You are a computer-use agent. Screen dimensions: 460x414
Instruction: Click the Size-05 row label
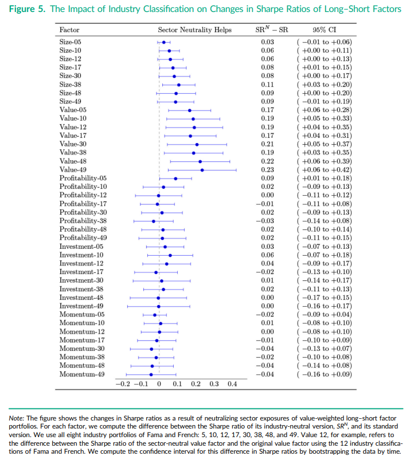[71, 42]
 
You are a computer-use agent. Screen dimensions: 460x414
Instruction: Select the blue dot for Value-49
[202, 170]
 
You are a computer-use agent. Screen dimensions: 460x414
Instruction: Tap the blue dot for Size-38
[179, 85]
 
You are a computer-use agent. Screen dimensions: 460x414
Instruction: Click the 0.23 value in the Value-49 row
[267, 170]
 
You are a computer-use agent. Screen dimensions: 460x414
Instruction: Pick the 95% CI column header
[324, 29]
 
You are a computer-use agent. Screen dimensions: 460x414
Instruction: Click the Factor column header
[70, 29]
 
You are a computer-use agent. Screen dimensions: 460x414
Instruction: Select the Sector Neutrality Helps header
[194, 29]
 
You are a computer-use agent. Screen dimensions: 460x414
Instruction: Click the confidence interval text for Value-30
[324, 144]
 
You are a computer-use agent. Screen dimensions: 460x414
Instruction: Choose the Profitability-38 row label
[83, 221]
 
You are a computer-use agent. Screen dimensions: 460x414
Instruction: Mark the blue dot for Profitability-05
[175, 179]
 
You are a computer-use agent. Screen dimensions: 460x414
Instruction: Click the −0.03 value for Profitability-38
[266, 221]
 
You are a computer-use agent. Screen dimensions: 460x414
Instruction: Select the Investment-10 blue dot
[170, 255]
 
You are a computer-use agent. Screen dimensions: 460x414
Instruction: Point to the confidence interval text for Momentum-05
[324, 315]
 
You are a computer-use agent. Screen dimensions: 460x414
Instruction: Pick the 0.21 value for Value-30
[267, 144]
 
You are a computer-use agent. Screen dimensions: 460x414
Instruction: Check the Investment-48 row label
[82, 298]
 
